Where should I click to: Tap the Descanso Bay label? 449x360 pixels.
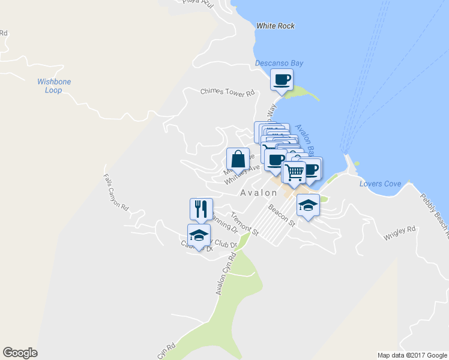coord(279,63)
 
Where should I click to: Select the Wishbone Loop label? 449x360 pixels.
coord(54,86)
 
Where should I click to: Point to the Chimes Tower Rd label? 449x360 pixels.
coord(228,92)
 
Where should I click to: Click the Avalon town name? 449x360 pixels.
coord(259,193)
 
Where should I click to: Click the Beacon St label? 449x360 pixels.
coord(282,215)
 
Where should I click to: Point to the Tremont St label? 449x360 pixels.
coord(244,224)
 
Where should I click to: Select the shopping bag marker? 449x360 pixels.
coord(238,159)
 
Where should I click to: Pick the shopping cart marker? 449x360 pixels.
coord(294,172)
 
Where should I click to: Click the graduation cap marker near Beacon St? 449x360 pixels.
coord(308,206)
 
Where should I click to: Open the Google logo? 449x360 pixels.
coord(20,353)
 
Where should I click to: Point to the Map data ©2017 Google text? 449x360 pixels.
coord(412,355)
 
